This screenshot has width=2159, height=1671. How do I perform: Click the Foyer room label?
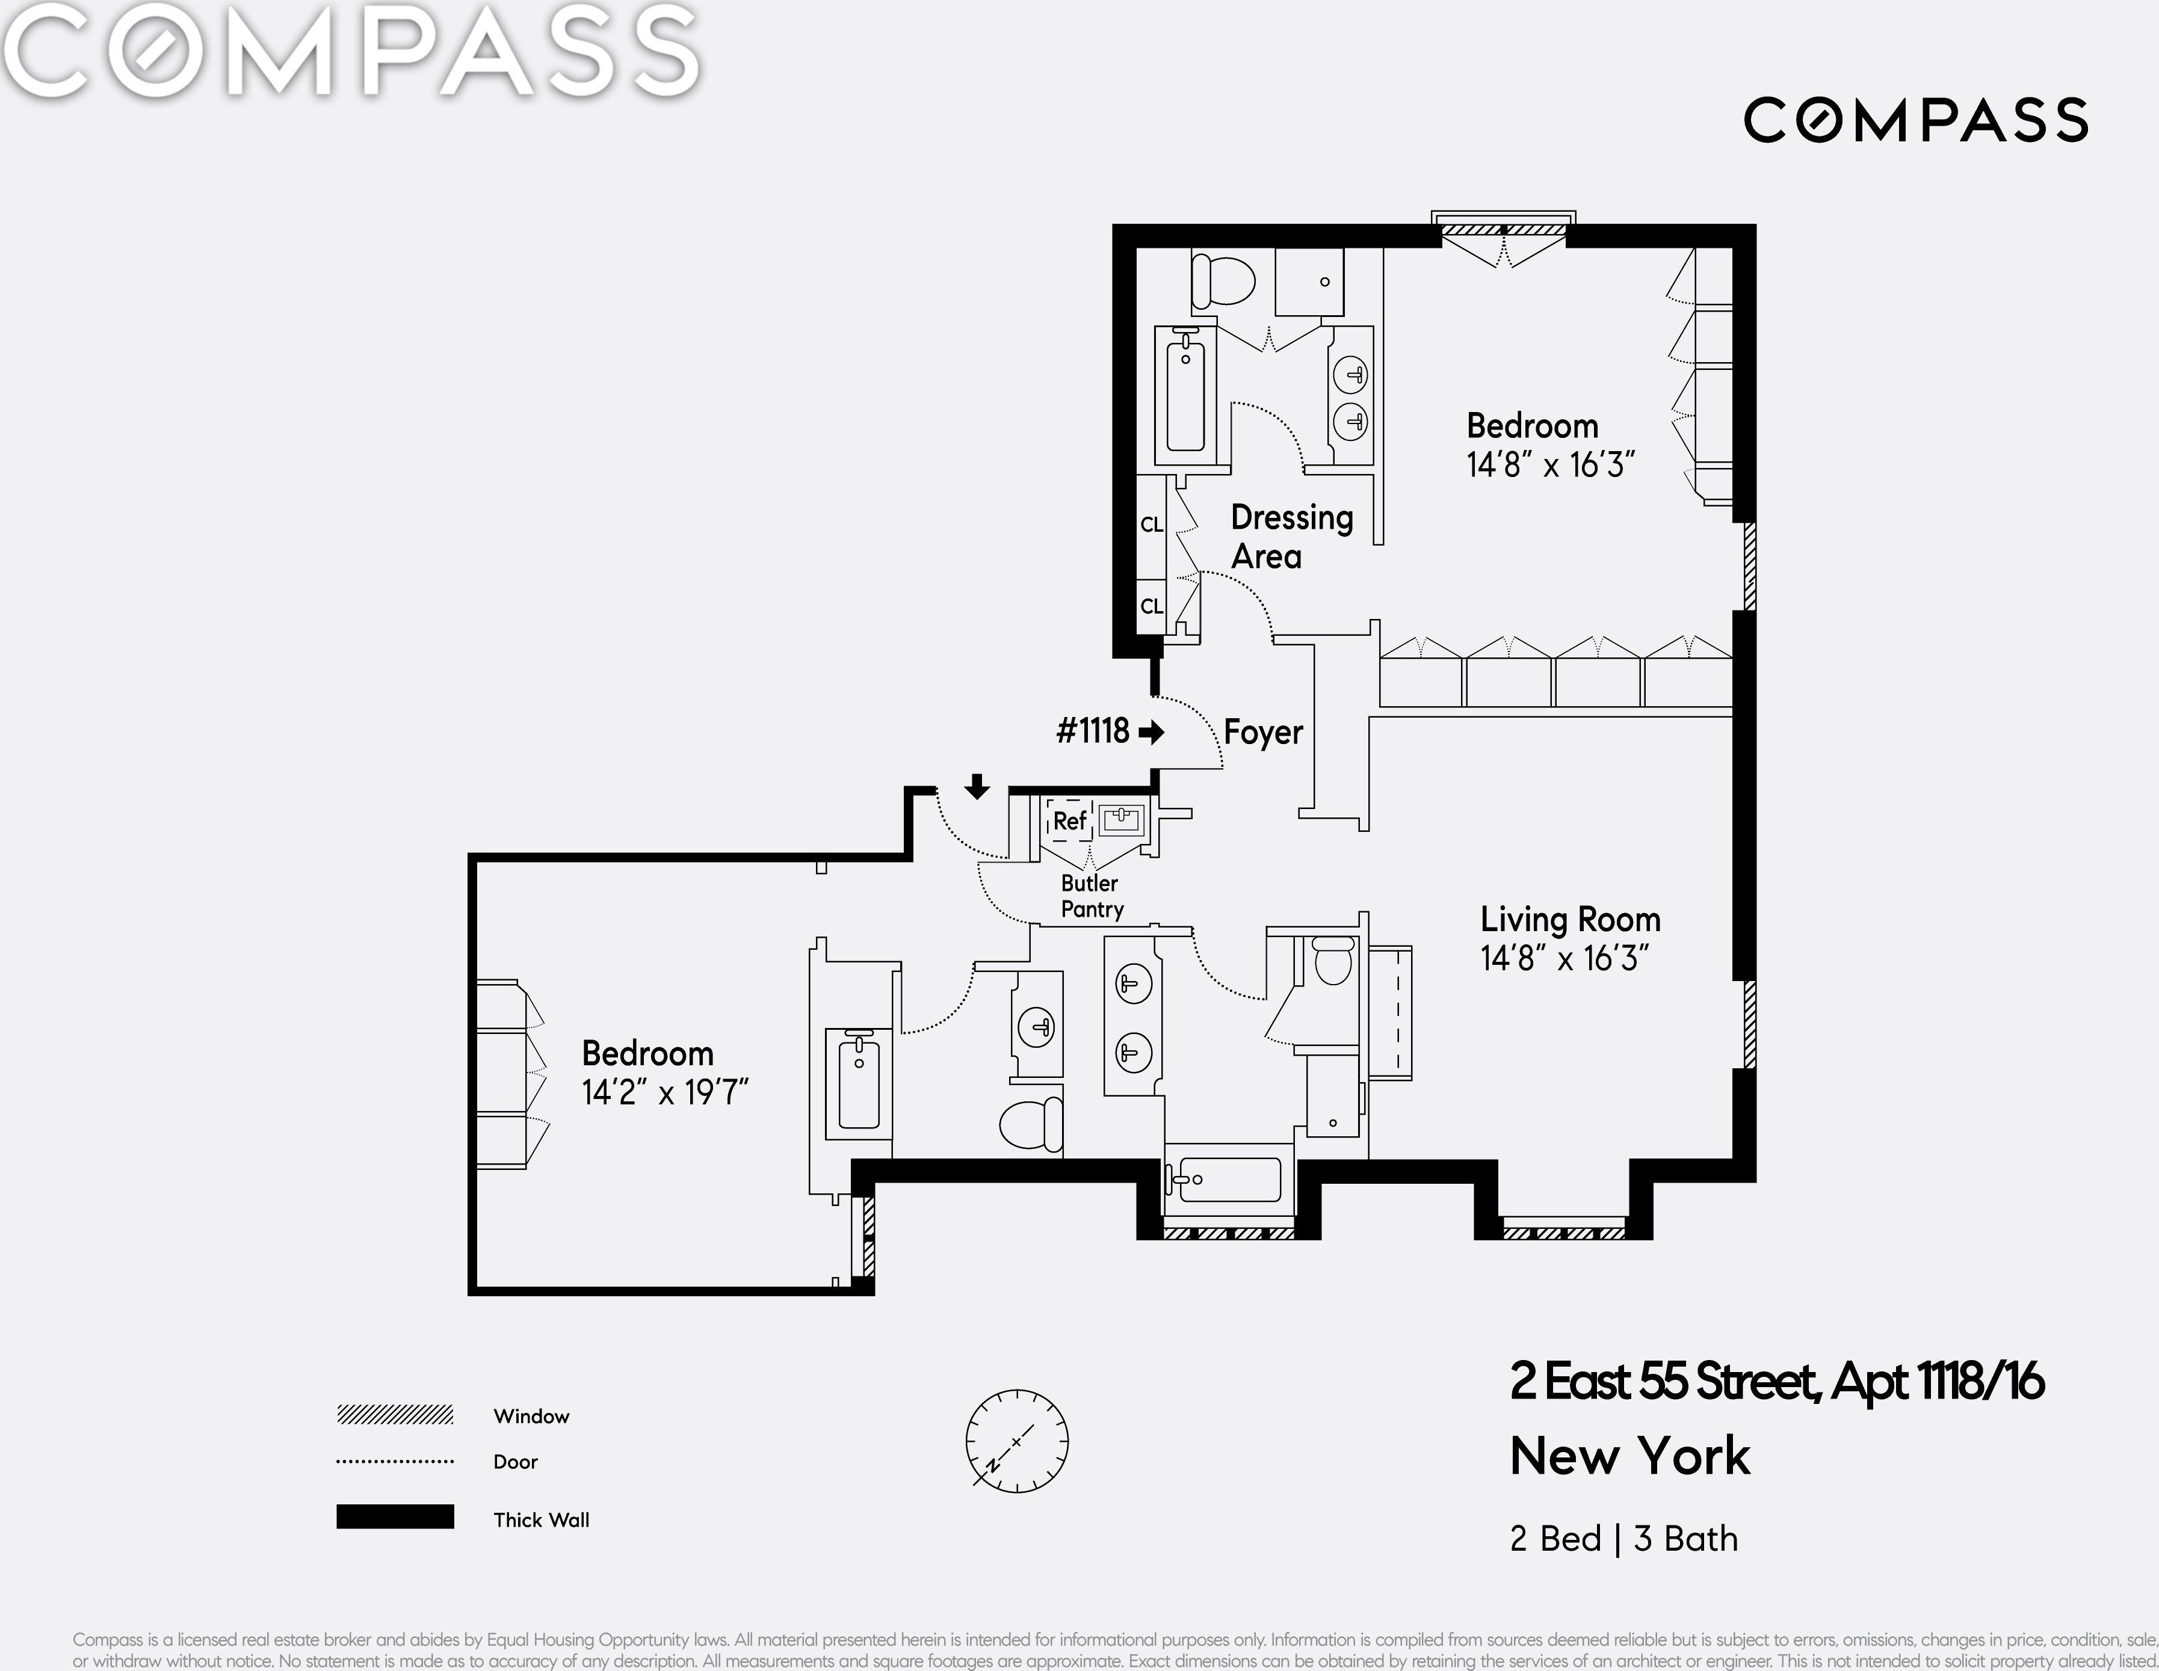(1262, 732)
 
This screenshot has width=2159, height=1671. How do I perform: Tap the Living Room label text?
(1570, 919)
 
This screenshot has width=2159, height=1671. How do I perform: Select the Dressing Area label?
(1291, 537)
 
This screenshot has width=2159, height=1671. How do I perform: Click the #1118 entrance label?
(1092, 731)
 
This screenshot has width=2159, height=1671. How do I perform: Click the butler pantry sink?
(1121, 819)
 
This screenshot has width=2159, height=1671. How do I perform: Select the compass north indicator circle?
(1017, 1441)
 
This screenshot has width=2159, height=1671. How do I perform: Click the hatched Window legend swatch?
(395, 1415)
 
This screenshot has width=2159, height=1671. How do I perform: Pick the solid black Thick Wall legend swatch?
(395, 1517)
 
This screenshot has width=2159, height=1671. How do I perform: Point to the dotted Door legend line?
(395, 1460)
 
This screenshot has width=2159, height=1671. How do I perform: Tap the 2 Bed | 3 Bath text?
(1623, 1539)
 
